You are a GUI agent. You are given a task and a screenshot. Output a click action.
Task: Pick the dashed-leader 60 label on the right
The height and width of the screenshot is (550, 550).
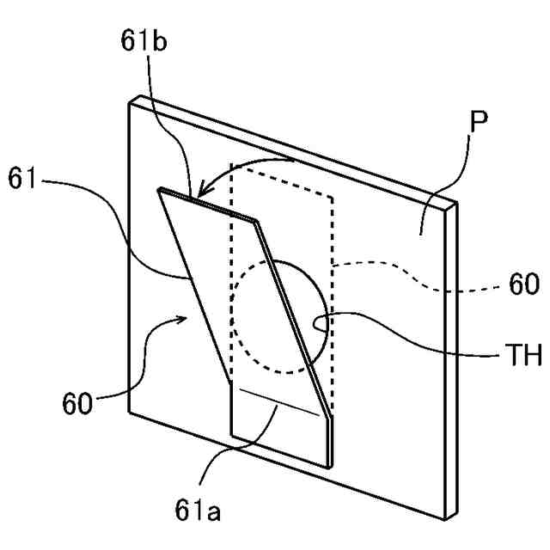click(x=522, y=284)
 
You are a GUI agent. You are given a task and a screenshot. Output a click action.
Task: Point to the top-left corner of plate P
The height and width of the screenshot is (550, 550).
click(x=129, y=101)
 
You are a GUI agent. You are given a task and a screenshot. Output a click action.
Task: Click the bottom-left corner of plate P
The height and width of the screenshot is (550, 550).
click(x=129, y=411)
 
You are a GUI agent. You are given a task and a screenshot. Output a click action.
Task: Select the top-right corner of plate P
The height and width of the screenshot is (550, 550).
click(x=456, y=202)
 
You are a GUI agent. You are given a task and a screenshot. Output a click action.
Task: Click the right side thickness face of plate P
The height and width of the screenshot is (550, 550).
click(x=451, y=361)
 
